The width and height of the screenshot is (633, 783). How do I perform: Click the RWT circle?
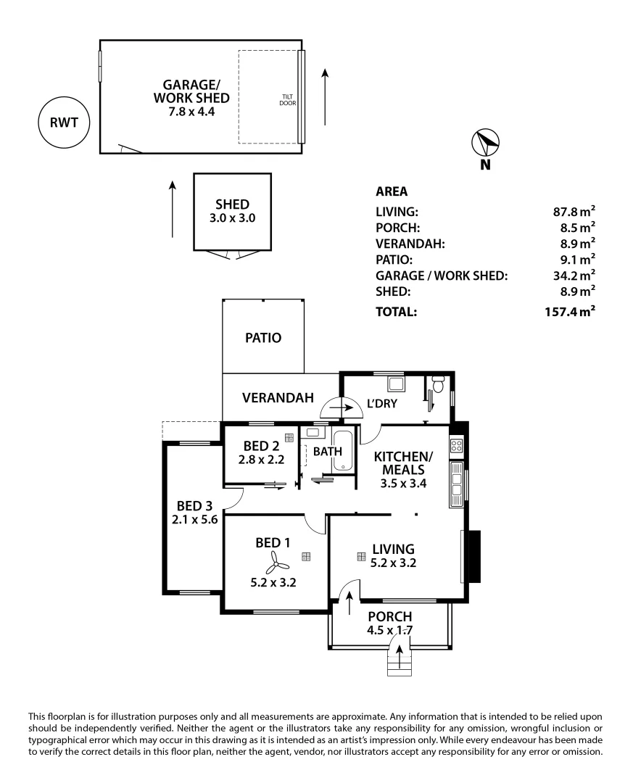click(x=64, y=122)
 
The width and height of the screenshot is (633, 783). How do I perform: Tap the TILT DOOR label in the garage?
click(x=288, y=99)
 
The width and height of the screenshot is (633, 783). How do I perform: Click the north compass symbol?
click(x=485, y=143)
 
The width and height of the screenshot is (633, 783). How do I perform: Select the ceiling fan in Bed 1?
click(x=276, y=559)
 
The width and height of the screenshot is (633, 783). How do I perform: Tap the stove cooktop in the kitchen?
click(x=456, y=445)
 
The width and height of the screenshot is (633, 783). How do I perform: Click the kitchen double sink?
click(x=456, y=484)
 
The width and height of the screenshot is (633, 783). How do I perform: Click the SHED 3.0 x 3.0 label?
click(x=232, y=210)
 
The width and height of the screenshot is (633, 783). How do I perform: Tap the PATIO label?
click(x=262, y=338)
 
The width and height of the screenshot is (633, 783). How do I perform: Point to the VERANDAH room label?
click(x=278, y=397)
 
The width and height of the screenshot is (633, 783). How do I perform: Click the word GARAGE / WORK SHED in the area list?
click(x=441, y=275)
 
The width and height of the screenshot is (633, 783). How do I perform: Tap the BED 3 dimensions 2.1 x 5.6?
click(x=195, y=519)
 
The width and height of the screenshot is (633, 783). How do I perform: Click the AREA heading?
click(x=392, y=192)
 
